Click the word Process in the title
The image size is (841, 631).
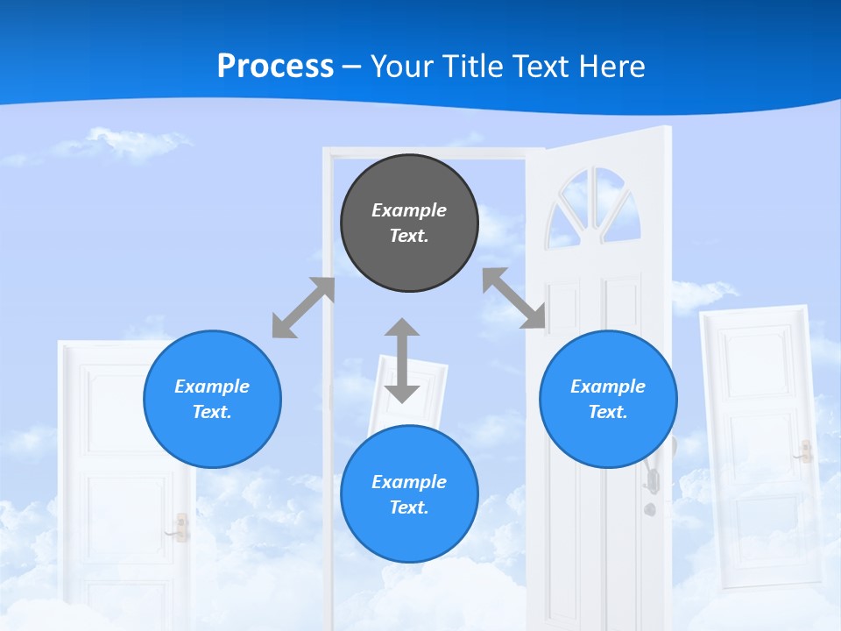tap(275, 66)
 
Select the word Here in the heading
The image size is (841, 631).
tap(612, 66)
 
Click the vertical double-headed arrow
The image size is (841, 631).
tap(402, 360)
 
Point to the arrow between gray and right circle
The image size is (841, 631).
tap(514, 298)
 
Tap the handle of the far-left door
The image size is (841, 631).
tap(181, 528)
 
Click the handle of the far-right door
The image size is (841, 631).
tap(804, 452)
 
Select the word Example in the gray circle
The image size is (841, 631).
tap(409, 210)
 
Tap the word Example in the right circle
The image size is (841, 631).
tap(608, 386)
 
